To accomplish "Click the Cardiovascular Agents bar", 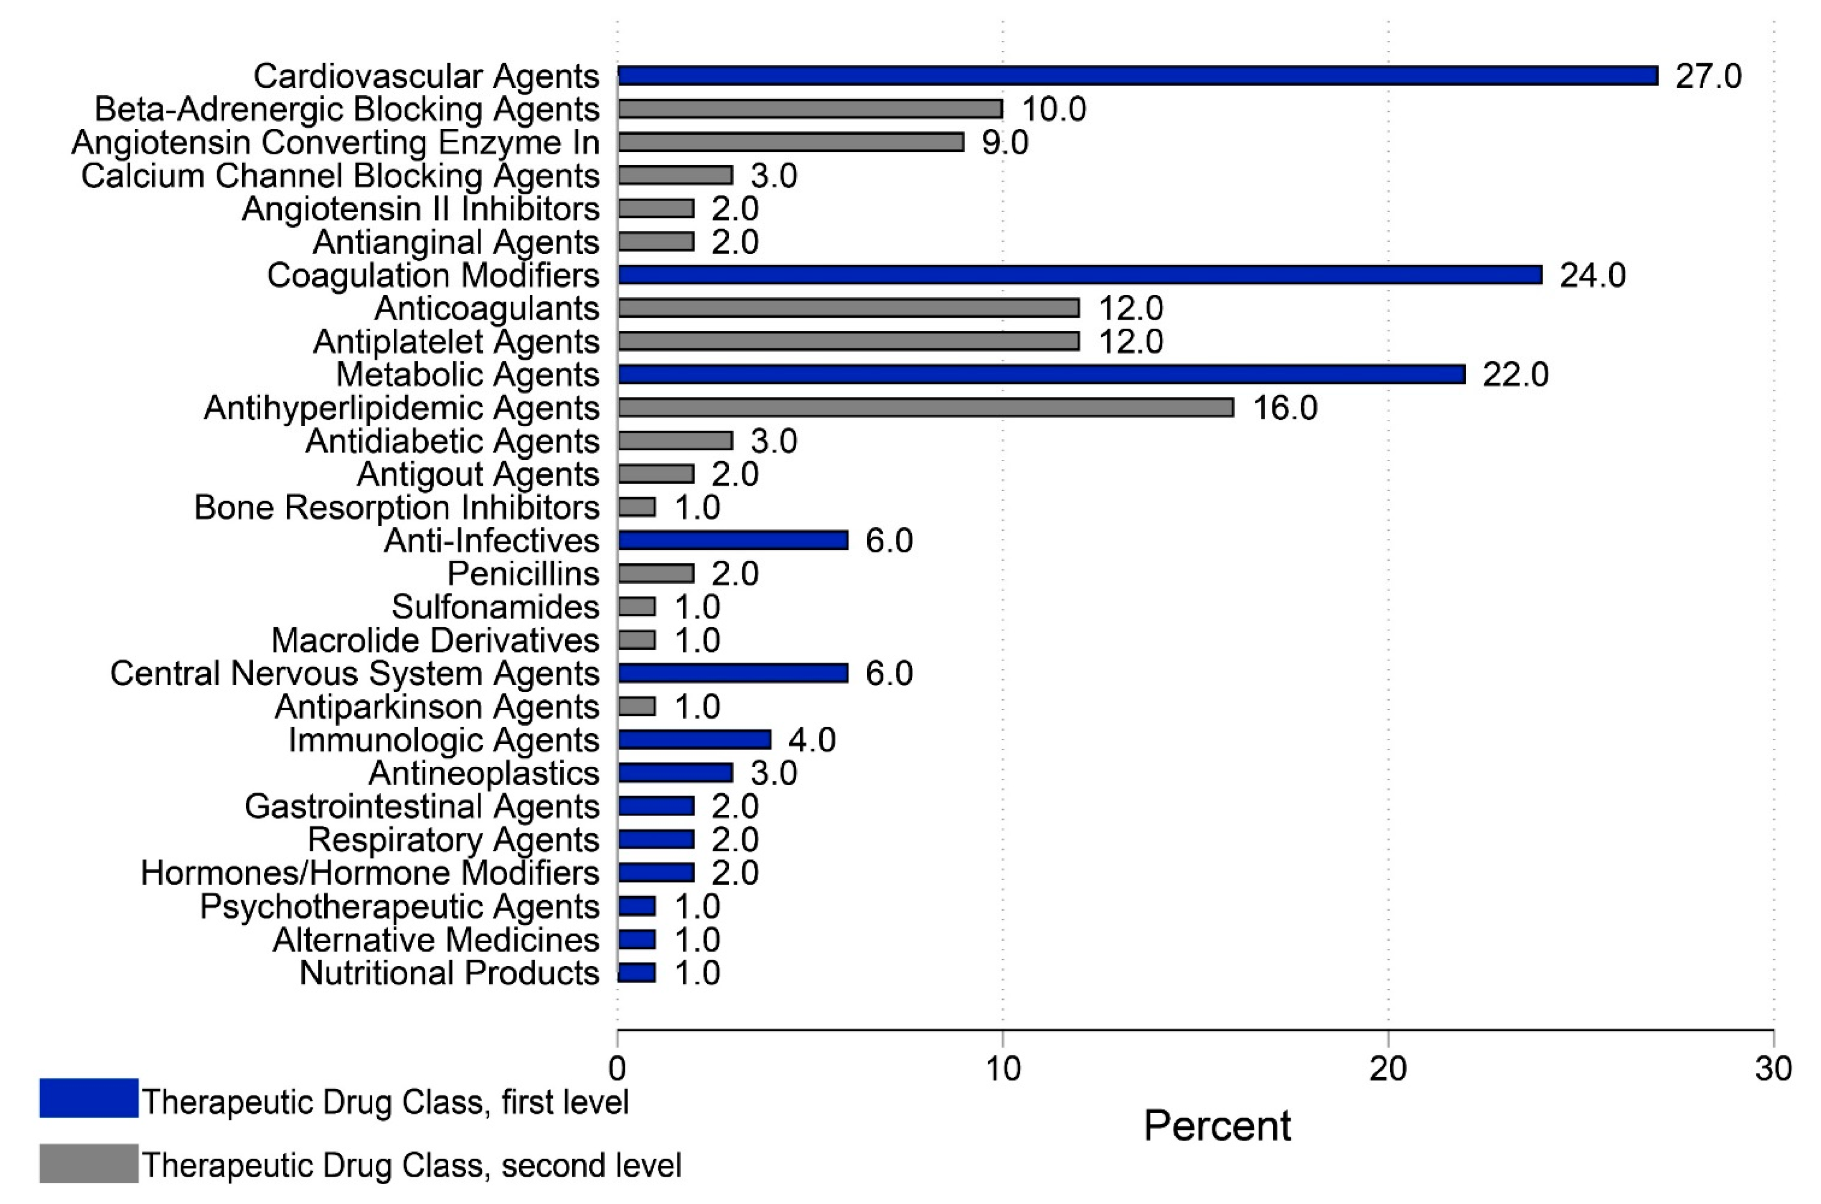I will click(x=1136, y=75).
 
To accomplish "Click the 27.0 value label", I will click(x=1707, y=76).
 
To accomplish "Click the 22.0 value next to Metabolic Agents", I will click(x=1515, y=375).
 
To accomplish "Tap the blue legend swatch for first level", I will click(x=88, y=1098).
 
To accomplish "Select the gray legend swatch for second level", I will click(x=88, y=1163).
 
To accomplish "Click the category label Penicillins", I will click(x=523, y=574).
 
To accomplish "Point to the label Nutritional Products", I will click(x=449, y=973).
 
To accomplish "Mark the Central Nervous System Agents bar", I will click(x=732, y=673).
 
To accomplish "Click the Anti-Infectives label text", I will click(x=491, y=540).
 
